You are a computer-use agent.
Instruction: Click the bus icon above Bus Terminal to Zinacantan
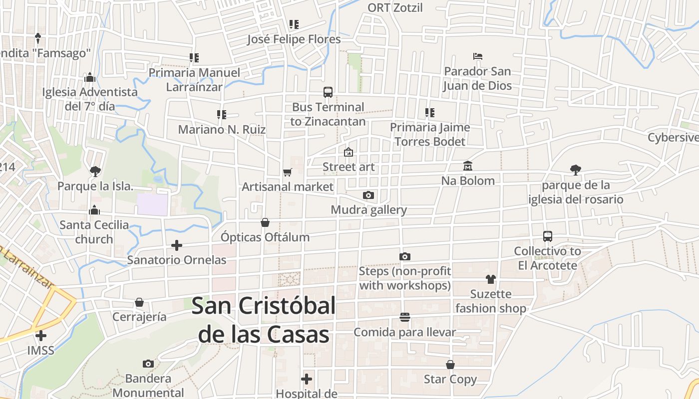tap(328, 92)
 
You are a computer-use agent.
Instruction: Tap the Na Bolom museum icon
tap(468, 166)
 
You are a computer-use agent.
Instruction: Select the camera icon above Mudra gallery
tap(368, 195)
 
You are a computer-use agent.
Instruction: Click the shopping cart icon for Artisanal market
tap(287, 172)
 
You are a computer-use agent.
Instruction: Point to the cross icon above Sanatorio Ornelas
tap(176, 245)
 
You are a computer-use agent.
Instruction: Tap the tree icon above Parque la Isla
tap(95, 172)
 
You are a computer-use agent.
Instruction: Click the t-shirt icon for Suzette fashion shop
tap(491, 279)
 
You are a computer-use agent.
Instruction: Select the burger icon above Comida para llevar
tap(404, 317)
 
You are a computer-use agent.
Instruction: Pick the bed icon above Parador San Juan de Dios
tap(478, 56)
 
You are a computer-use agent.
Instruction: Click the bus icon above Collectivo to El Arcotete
tap(548, 236)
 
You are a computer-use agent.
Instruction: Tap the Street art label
tap(349, 167)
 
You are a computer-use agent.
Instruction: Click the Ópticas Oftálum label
tap(265, 237)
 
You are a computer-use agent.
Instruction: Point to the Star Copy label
tap(450, 379)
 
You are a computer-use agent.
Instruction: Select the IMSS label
tap(41, 350)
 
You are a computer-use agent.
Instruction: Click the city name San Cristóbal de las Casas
tap(264, 320)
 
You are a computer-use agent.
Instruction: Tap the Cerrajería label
tap(139, 317)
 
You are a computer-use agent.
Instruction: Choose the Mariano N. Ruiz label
tap(222, 130)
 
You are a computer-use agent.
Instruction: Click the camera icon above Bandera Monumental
tap(148, 364)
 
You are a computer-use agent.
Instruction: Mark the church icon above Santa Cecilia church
tap(94, 210)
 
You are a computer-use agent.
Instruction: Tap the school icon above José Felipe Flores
tap(294, 24)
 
